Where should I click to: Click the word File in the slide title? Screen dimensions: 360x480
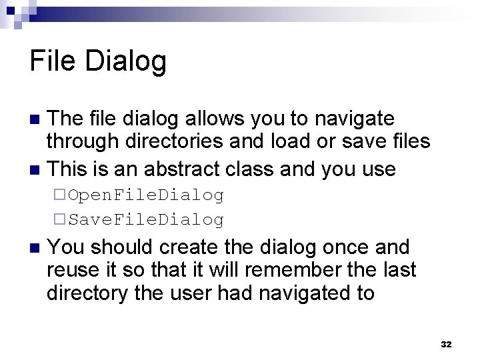point(53,61)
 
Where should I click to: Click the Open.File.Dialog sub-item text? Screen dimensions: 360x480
point(146,195)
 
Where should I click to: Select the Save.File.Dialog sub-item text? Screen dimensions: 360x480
point(146,219)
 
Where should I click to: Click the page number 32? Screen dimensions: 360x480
point(446,344)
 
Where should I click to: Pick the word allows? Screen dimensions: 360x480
point(223,119)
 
